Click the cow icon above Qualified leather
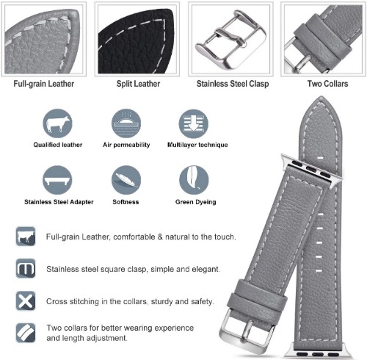pyautogui.click(x=57, y=123)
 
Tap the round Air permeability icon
pyautogui.click(x=126, y=123)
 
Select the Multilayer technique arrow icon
pyautogui.click(x=193, y=123)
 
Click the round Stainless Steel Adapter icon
pyautogui.click(x=57, y=180)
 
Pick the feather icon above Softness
pyautogui.click(x=126, y=180)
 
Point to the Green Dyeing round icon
pyautogui.click(x=194, y=180)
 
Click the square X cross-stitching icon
pyautogui.click(x=26, y=301)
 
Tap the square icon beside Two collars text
pyautogui.click(x=26, y=333)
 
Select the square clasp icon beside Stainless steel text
pyautogui.click(x=26, y=268)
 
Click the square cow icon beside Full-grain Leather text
pyautogui.click(x=26, y=237)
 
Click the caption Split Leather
pyautogui.click(x=138, y=84)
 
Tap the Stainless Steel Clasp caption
pyautogui.click(x=233, y=84)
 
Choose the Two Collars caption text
pyautogui.click(x=327, y=84)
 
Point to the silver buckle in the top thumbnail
pyautogui.click(x=230, y=39)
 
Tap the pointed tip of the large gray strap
pyautogui.click(x=320, y=97)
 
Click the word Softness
pyautogui.click(x=126, y=202)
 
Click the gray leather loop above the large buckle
pyautogui.click(x=257, y=296)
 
